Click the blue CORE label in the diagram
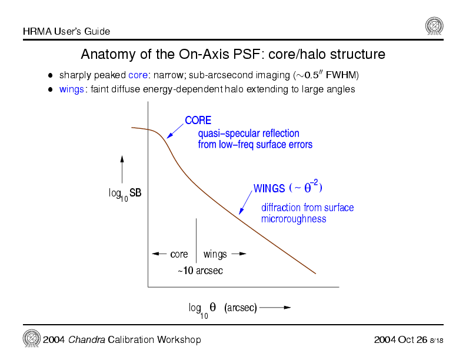pos(198,121)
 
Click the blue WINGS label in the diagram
pos(269,188)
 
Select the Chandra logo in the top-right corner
pos(434,26)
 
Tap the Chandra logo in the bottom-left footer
pos(31,339)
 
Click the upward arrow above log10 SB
pos(122,169)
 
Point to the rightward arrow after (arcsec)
pos(275,308)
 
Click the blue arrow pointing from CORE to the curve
pos(175,131)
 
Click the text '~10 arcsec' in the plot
pos(200,271)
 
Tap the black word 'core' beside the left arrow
pos(179,254)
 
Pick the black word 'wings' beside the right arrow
pos(215,254)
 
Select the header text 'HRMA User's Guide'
pos(66,31)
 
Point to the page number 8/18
pos(436,341)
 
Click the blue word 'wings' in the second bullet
pos(71,89)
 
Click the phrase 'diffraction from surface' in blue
pos(307,208)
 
